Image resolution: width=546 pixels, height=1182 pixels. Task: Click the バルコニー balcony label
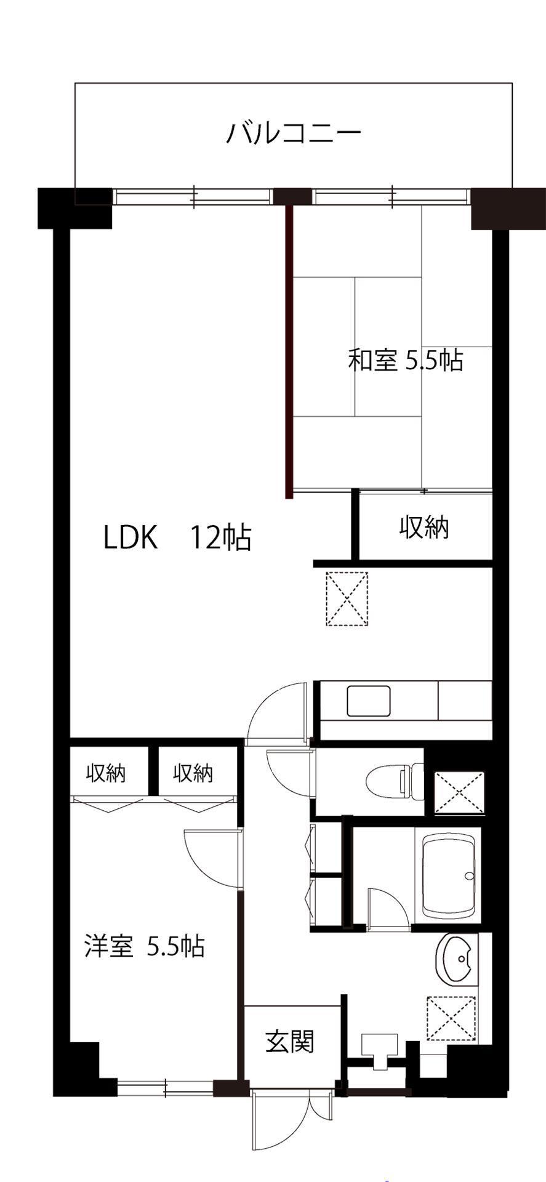coord(293,133)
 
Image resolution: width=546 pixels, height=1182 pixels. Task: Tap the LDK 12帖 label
coord(177,537)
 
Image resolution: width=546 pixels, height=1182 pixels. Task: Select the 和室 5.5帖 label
coord(406,360)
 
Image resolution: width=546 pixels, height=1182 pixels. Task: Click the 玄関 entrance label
coord(290,1042)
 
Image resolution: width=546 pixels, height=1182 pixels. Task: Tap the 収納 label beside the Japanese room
coord(425,528)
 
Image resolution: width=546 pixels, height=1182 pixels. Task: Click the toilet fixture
coord(395,781)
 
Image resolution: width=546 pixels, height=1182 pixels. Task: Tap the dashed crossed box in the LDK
coord(347,599)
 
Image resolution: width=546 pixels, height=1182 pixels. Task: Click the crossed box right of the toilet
coord(460,790)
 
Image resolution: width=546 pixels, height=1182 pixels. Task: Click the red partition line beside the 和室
coord(288,352)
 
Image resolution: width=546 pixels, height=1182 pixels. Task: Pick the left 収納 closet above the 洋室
coord(107,772)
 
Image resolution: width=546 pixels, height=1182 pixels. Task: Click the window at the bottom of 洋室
coord(165,1088)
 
